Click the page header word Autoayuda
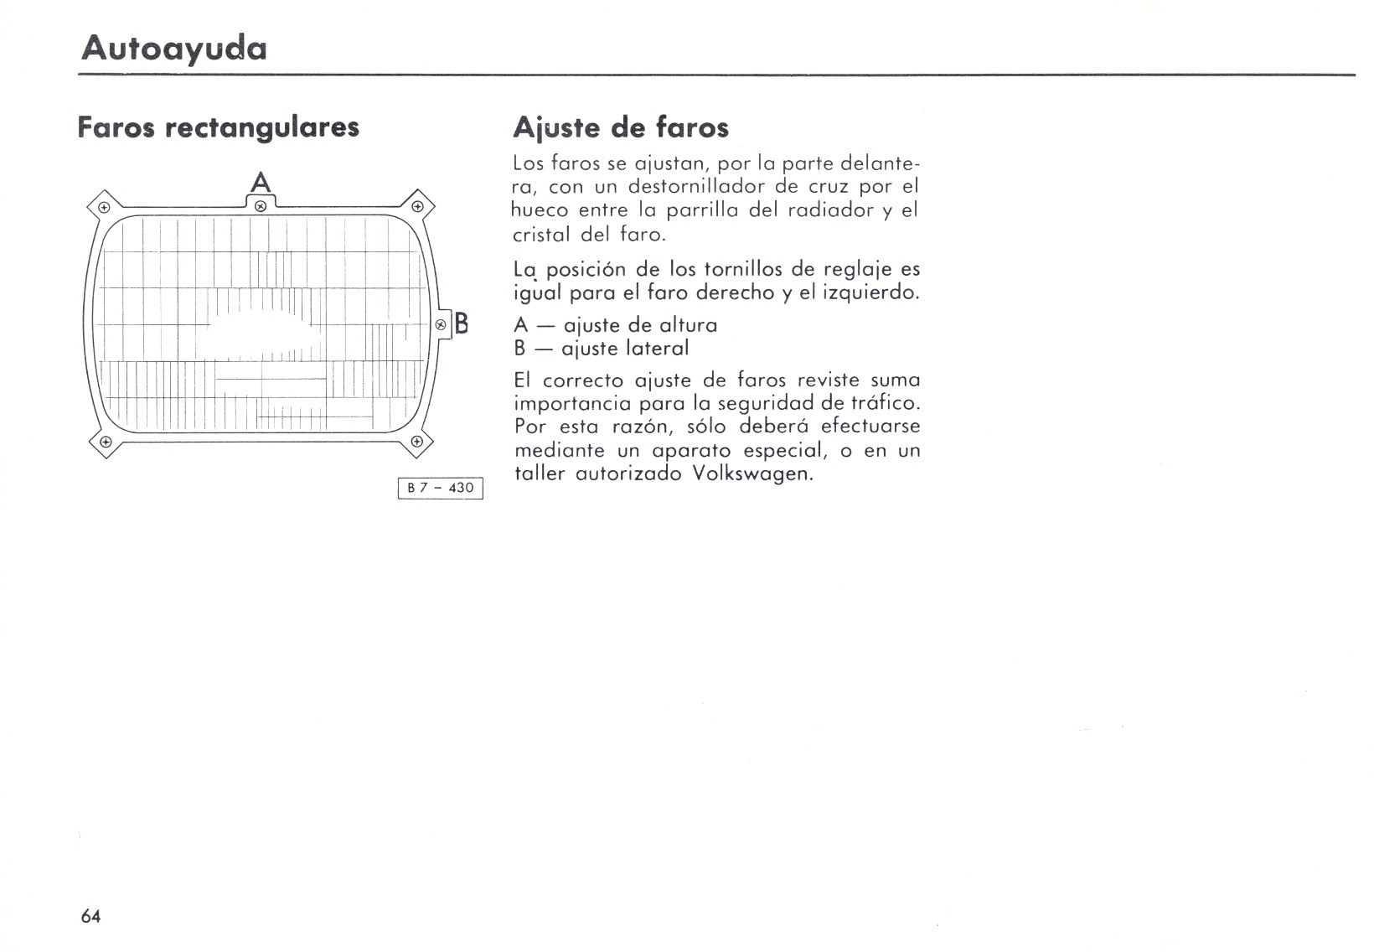pos(174,48)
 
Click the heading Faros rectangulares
pos(218,127)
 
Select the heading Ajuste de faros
pos(620,127)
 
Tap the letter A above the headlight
pos(261,183)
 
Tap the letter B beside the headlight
pos(461,323)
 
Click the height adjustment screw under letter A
pos(261,205)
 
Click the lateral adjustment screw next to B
pos(441,324)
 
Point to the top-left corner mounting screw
pos(104,207)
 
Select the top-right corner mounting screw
pos(417,206)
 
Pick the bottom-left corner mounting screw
pos(105,442)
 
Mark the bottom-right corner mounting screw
pos(416,442)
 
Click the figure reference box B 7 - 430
pos(441,488)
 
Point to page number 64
pos(90,916)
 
